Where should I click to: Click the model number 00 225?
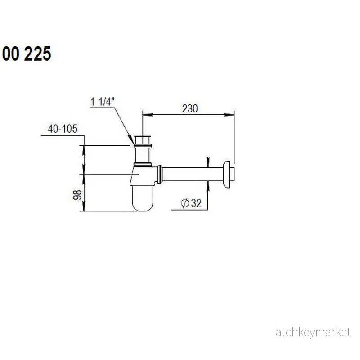pyautogui.click(x=27, y=54)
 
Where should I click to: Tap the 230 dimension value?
pyautogui.click(x=190, y=108)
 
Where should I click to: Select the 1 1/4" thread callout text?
pyautogui.click(x=103, y=102)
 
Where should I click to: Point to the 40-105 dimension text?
pyautogui.click(x=63, y=129)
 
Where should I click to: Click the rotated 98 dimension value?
pyautogui.click(x=77, y=195)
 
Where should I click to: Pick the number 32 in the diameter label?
pyautogui.click(x=196, y=203)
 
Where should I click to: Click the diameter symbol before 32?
pyautogui.click(x=185, y=203)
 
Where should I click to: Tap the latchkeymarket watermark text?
pyautogui.click(x=312, y=332)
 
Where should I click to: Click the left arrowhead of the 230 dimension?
pyautogui.click(x=148, y=115)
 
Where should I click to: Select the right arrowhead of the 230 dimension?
pyautogui.click(x=229, y=115)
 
